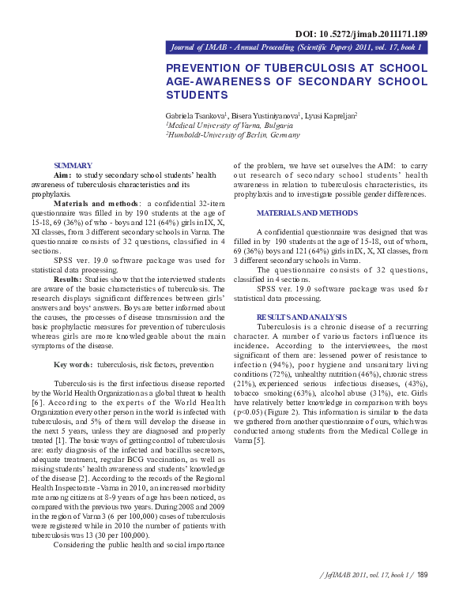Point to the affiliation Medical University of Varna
coord(230,125)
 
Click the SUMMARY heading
coord(77,164)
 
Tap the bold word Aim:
coord(62,175)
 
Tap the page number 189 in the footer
coord(422,597)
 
